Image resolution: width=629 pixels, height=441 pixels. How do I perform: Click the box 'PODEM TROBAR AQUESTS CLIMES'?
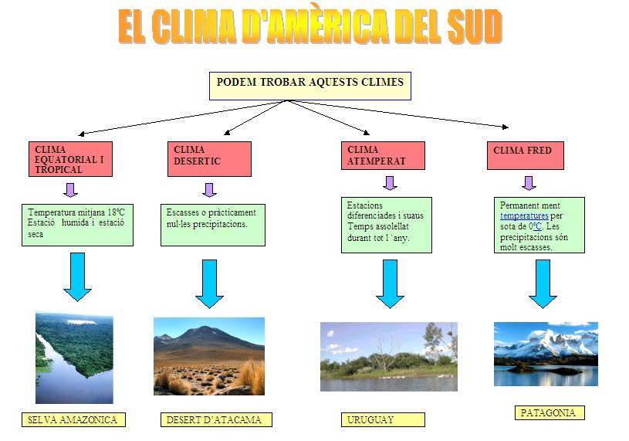[310, 86]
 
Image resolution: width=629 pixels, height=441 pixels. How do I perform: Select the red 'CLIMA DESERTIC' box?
[209, 159]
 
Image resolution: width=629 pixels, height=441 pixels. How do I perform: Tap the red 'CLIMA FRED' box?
[526, 155]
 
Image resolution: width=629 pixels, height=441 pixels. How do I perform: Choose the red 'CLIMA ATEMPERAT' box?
[383, 155]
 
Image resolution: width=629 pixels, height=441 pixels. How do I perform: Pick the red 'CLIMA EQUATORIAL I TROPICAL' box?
[70, 159]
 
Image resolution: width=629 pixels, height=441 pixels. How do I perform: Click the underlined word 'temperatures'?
[524, 216]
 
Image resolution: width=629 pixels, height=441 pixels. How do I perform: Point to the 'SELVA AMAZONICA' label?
[73, 419]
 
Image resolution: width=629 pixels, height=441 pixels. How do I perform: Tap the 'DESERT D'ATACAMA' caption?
[216, 419]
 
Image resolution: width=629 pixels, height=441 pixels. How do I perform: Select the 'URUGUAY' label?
[383, 419]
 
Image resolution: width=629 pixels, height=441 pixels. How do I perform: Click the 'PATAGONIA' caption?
[550, 412]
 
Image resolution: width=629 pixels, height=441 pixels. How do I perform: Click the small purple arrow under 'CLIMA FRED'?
[529, 183]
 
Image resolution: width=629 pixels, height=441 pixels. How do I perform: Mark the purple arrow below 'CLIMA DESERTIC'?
[209, 190]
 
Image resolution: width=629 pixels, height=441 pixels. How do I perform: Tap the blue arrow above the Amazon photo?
[77, 276]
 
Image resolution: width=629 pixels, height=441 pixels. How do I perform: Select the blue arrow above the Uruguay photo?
[390, 283]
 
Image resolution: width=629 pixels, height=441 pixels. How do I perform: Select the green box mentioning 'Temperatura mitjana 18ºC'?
[77, 225]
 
